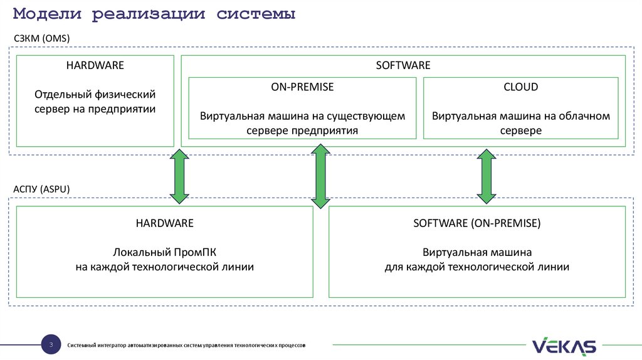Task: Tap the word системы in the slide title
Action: [257, 14]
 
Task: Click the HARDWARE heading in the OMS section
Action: [95, 65]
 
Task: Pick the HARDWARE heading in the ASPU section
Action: [164, 223]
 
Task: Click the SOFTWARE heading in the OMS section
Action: [403, 65]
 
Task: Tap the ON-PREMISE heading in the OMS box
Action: [302, 87]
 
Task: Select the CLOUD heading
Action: [521, 87]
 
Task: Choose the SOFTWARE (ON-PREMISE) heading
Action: [476, 223]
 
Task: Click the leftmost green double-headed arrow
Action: [179, 176]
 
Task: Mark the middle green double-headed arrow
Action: [321, 176]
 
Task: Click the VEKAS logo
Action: [564, 346]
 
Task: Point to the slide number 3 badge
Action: [50, 345]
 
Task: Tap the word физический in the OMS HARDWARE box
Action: [125, 94]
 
